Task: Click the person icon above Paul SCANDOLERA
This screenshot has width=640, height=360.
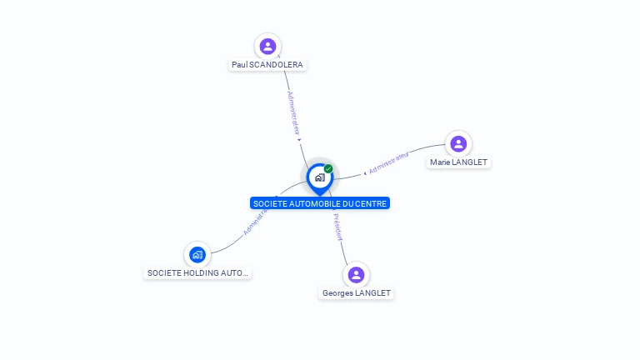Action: (x=267, y=46)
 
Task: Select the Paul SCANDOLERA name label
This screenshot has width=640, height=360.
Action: (x=267, y=64)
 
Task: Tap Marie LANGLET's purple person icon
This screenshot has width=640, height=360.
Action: (x=458, y=143)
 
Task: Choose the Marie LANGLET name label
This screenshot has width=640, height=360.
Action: (x=458, y=162)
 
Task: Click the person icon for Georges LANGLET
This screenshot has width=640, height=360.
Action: (x=356, y=274)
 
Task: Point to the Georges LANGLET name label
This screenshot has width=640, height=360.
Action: (x=357, y=292)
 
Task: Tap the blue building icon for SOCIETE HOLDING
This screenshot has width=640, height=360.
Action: (x=197, y=254)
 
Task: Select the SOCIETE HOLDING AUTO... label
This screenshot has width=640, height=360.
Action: (x=197, y=272)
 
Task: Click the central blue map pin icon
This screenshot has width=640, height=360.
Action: (x=319, y=177)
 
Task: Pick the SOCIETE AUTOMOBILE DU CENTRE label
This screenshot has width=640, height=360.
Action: (x=320, y=203)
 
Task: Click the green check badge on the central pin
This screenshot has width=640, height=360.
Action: (x=328, y=168)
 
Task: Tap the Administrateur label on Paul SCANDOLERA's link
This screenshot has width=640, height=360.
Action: (x=293, y=113)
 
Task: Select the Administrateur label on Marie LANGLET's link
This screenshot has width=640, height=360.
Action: (x=389, y=162)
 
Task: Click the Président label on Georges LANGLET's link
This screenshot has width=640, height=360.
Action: (x=337, y=227)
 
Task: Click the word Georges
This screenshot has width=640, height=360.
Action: (x=337, y=292)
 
